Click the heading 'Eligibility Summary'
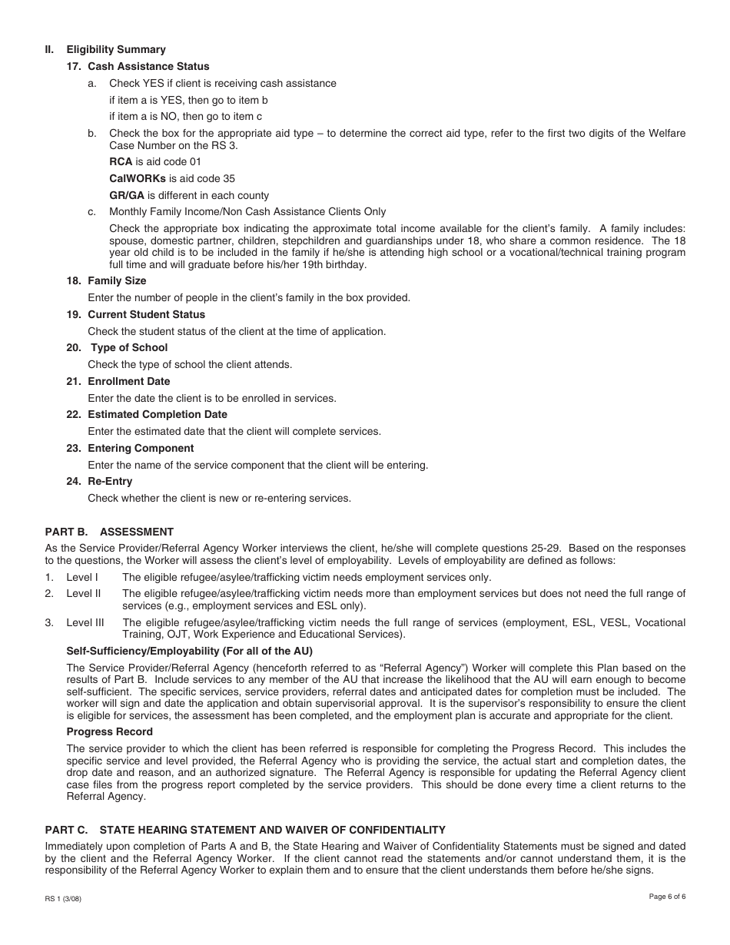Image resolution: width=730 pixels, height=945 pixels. point(115,49)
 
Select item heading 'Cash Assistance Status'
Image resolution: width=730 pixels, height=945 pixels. point(148,66)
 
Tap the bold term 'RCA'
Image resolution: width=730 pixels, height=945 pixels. point(121,162)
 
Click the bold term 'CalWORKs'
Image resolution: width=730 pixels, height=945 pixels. point(138,178)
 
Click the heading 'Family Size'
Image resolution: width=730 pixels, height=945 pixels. point(117,280)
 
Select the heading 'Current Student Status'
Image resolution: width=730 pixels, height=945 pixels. point(146,314)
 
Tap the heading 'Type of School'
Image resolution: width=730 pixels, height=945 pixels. point(129,347)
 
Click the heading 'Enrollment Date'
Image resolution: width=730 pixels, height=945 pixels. point(128,381)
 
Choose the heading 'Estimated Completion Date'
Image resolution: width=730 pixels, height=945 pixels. point(157,414)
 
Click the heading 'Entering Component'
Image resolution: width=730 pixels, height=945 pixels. point(141,448)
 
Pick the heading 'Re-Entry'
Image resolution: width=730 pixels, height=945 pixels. point(110,481)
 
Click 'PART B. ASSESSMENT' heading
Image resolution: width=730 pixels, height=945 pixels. point(109,532)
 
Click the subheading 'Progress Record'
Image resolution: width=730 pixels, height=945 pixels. point(109,731)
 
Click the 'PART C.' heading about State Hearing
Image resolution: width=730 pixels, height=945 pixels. point(245,830)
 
